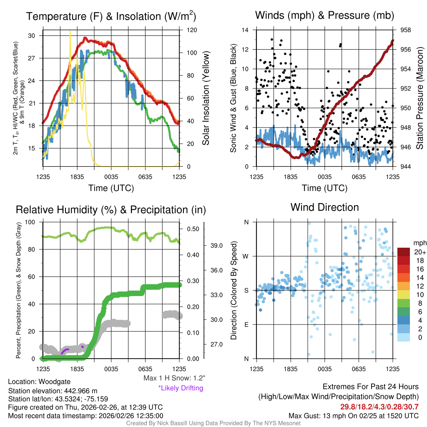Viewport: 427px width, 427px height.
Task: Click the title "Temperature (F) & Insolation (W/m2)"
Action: [111, 17]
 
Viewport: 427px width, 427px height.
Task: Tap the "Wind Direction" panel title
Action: [324, 207]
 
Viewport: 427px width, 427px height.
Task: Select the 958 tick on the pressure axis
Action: [406, 30]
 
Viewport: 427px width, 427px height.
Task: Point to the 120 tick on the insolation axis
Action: [191, 30]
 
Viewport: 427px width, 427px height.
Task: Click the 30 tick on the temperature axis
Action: [31, 36]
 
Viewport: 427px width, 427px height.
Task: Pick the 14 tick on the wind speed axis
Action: [245, 30]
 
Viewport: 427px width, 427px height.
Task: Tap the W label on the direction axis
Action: [246, 256]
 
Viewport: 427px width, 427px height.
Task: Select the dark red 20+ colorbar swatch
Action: [404, 252]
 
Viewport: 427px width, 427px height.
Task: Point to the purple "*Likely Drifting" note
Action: [181, 388]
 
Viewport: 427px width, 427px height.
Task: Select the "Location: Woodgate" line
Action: [39, 382]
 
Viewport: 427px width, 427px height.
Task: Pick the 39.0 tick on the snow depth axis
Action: [216, 246]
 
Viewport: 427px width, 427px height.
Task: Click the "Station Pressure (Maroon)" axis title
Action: [420, 98]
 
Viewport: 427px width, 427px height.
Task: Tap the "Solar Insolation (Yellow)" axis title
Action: [206, 98]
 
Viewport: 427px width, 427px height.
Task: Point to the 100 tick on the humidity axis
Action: [31, 222]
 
